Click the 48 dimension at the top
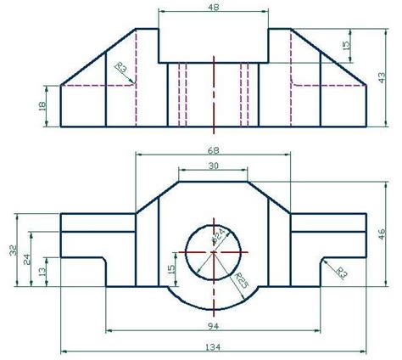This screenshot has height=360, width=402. [213, 7]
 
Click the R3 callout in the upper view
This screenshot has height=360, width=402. [120, 67]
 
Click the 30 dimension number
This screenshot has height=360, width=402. [214, 166]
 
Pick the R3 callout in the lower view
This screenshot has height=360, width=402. [342, 272]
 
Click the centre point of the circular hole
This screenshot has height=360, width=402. [214, 252]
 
